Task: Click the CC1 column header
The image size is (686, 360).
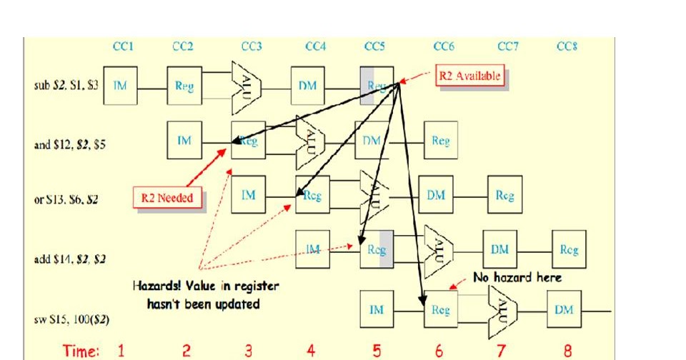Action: click(123, 46)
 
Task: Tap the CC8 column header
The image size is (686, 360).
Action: click(567, 46)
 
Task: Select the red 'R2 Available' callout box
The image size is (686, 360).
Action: click(469, 76)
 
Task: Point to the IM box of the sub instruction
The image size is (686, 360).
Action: click(121, 86)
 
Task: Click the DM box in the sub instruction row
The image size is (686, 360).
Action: click(308, 86)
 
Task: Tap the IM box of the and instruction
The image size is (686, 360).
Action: click(184, 141)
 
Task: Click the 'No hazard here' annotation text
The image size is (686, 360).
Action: click(517, 277)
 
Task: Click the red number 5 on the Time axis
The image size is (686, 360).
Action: click(377, 351)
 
